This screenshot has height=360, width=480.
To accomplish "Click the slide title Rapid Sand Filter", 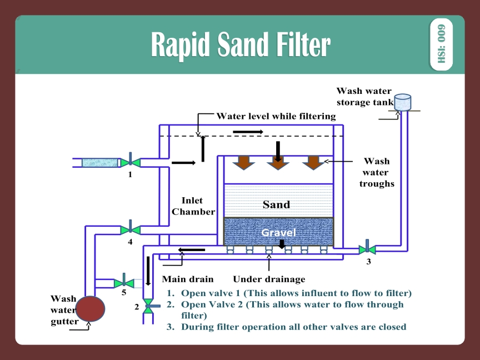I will [x=240, y=44].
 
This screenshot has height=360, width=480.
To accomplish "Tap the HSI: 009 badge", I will [x=441, y=44].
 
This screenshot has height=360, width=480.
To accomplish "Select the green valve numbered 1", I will [x=131, y=162].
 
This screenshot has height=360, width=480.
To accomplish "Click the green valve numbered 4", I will [x=130, y=229].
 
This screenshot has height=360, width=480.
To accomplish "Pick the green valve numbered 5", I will [x=124, y=283].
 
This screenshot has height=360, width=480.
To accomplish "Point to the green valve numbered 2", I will [x=148, y=305].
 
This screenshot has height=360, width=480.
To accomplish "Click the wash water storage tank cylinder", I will [x=402, y=102].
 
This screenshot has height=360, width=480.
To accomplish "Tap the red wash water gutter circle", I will [x=90, y=308].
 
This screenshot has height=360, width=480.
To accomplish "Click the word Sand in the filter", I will [x=276, y=204].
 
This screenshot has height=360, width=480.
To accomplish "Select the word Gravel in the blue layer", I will [x=278, y=232].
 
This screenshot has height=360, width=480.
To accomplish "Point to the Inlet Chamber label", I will [x=193, y=206].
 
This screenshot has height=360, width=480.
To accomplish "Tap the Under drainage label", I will [x=269, y=279].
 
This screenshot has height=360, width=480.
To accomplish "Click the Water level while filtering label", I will [x=276, y=116].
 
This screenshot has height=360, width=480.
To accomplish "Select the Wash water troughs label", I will [x=376, y=172].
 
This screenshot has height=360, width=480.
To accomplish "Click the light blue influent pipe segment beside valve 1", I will [x=101, y=162].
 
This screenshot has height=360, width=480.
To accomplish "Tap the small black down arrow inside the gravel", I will [x=282, y=244].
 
